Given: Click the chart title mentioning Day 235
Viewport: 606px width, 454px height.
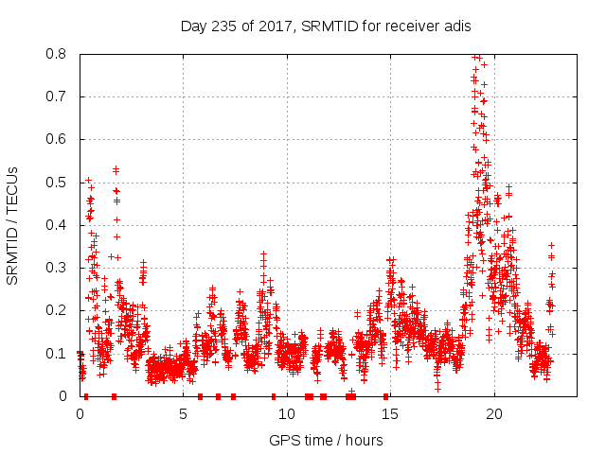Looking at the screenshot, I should point(326,26).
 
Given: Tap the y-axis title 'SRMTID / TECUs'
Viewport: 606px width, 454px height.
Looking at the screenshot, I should point(13,225).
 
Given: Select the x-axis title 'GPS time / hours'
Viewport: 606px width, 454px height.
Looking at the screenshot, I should point(326,440).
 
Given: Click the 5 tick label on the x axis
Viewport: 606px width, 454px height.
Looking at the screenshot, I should point(183,414).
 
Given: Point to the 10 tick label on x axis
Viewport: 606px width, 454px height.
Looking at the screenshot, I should point(286,414).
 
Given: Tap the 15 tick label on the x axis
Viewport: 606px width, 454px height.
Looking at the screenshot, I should point(389,414).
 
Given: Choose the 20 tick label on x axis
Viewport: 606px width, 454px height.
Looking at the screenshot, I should point(492,414).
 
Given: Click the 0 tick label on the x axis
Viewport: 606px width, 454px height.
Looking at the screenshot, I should point(80,414).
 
